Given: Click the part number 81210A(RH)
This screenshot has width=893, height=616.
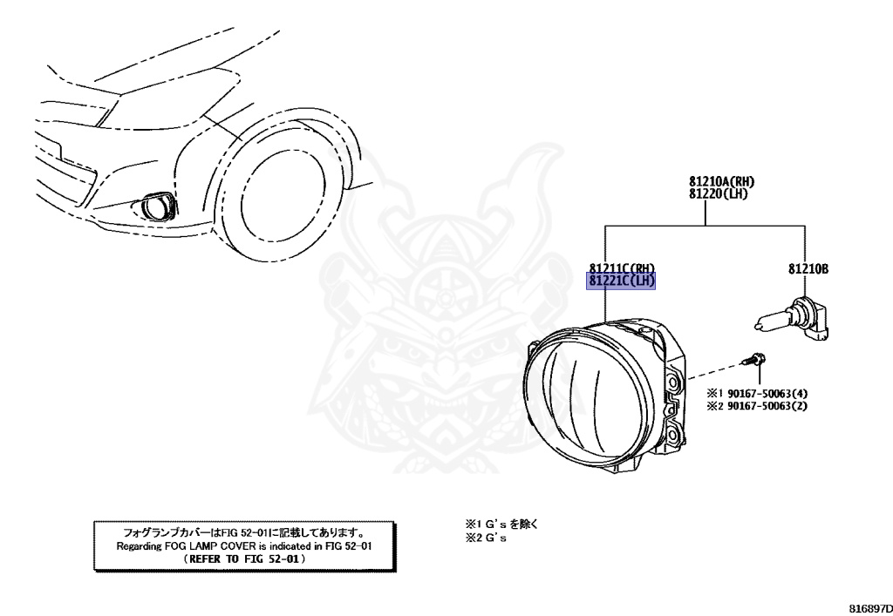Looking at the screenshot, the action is (721, 181).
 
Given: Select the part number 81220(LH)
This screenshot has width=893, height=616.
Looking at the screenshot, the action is (718, 194).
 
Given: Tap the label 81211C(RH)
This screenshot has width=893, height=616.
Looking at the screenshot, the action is (622, 267).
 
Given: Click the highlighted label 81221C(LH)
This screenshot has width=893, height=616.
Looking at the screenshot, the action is (621, 281).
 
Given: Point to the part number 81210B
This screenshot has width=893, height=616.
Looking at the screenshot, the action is (808, 268).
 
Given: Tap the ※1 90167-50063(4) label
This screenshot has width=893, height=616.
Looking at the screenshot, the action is (757, 393).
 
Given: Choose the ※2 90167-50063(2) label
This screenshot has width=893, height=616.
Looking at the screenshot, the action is (757, 406).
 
